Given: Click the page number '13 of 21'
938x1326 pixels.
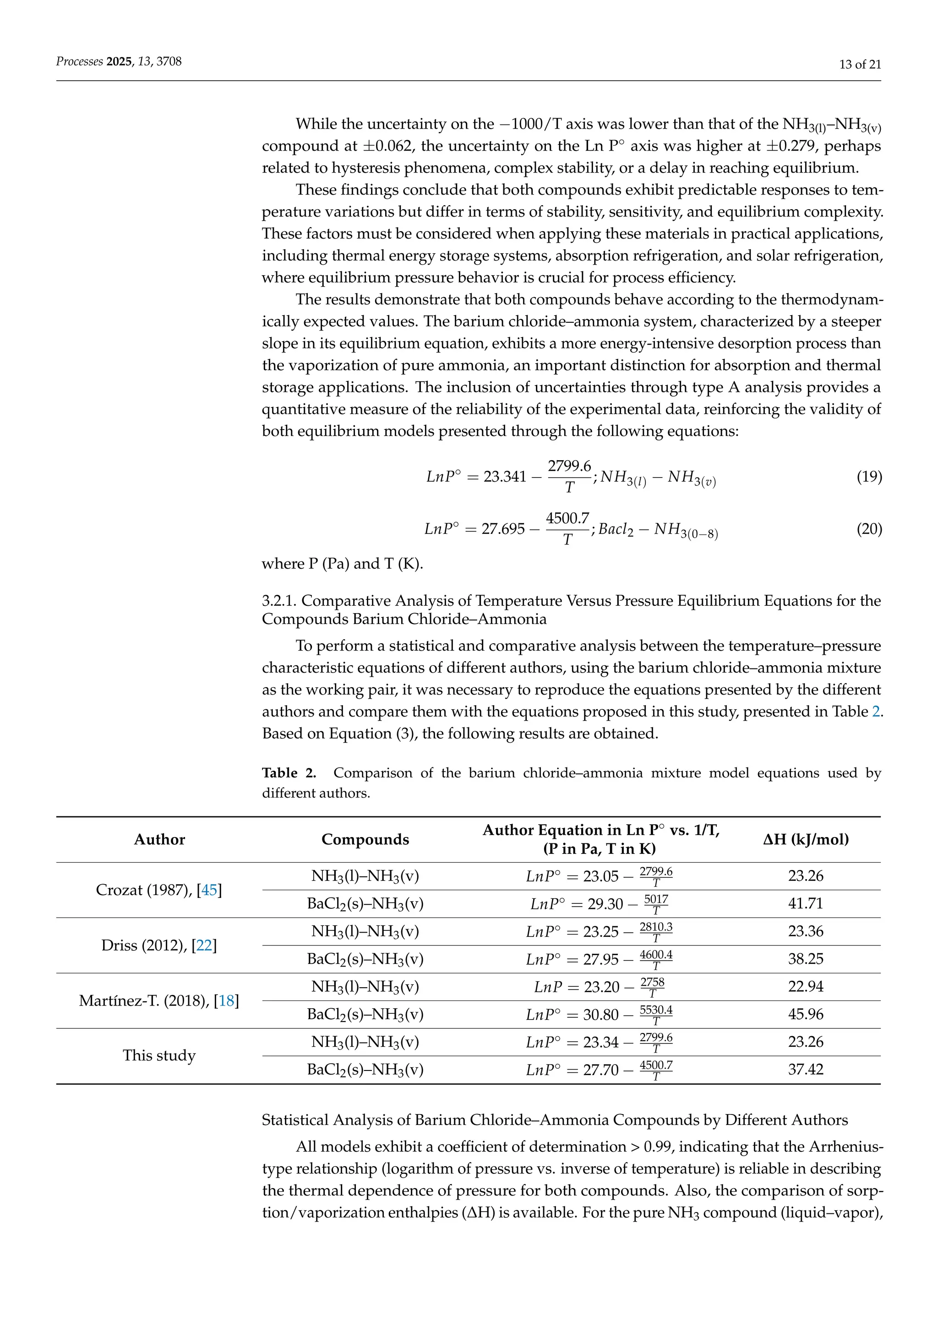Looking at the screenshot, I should pos(859,65).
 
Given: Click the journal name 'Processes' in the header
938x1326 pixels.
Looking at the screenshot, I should pos(79,61).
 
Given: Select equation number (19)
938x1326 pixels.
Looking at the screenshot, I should pos(869,477).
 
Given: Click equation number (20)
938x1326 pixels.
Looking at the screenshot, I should pos(869,528).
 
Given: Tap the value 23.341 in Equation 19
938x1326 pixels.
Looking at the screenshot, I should pos(505,477).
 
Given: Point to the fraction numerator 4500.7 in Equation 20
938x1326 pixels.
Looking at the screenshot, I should pos(567,518).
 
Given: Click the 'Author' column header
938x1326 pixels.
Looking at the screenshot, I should pos(159,839).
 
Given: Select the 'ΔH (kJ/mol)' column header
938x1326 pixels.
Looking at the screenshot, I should pos(805,839).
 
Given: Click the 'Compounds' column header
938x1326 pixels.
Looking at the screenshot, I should pos(365,839).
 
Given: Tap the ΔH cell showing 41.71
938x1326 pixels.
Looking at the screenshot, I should pos(805,903).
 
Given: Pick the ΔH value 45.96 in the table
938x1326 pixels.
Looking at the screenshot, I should pos(805,1014).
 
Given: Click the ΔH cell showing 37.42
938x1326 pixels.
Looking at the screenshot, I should pos(805,1070).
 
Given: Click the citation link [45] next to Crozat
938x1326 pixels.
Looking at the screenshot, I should pos(209,890).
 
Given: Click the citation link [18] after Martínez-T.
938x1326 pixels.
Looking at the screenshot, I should pos(226,1001).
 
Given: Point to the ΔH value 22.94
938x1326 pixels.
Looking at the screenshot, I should pos(805,986).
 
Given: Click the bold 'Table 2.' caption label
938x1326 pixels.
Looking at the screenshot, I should pos(289,773).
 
